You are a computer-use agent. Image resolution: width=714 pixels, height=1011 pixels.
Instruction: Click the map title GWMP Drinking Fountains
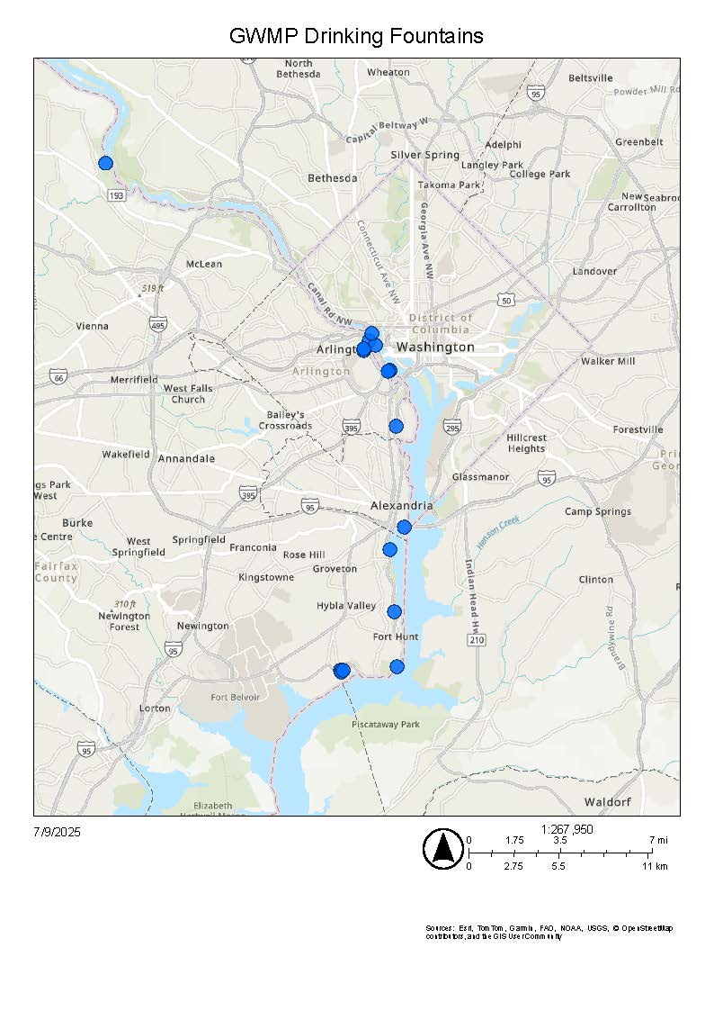click(x=356, y=36)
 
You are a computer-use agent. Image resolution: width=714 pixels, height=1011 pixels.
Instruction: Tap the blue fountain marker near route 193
click(x=105, y=163)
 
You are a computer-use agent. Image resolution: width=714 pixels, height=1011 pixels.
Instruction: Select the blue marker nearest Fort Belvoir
click(x=341, y=670)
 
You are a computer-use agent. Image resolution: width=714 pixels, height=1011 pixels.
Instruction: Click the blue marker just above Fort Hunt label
click(x=394, y=612)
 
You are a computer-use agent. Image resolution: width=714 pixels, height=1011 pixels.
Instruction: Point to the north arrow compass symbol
click(x=442, y=849)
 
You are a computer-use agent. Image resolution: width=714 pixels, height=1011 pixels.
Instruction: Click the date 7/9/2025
click(x=57, y=832)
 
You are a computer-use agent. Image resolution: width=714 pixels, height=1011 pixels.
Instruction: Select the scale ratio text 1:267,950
click(x=567, y=829)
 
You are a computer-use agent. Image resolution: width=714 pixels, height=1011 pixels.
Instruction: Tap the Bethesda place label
click(x=332, y=178)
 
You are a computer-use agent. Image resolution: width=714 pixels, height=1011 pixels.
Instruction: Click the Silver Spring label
click(x=424, y=155)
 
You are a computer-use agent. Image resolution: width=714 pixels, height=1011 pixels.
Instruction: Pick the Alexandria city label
click(x=402, y=506)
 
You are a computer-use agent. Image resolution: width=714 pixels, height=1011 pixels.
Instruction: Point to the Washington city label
click(x=435, y=347)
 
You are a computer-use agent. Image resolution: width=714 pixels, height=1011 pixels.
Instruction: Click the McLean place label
click(x=203, y=264)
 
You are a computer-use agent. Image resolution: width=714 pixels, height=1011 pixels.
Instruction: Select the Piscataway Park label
click(x=385, y=724)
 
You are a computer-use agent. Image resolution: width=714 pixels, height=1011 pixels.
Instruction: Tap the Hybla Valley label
click(x=346, y=606)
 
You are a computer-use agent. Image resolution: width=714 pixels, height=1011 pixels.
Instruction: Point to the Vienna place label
click(x=92, y=326)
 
